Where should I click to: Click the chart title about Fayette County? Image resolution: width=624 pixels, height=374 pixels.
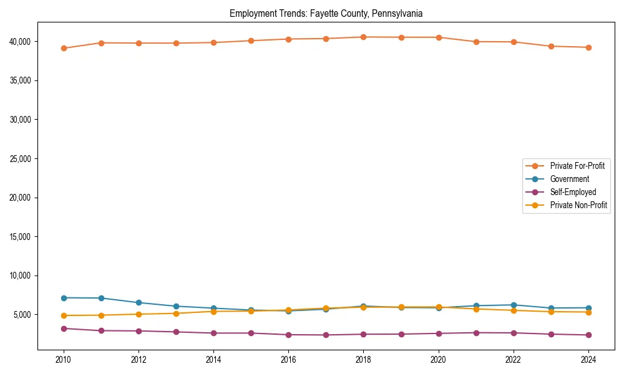(x=326, y=13)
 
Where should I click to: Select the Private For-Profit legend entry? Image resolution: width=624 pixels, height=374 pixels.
(x=577, y=166)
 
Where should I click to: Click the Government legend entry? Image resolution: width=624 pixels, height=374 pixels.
(x=569, y=179)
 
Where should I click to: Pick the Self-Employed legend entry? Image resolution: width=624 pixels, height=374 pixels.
(x=573, y=192)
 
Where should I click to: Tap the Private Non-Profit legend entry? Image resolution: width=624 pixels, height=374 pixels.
(x=578, y=205)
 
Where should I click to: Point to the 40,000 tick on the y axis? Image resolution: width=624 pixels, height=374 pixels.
(x=22, y=42)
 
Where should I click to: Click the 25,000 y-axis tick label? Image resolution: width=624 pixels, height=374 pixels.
(x=22, y=159)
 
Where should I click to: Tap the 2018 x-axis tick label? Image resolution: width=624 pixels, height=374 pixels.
(x=363, y=360)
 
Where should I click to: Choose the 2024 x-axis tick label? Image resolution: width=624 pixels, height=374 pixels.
(x=588, y=360)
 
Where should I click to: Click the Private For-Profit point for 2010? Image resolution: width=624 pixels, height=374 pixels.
(x=64, y=48)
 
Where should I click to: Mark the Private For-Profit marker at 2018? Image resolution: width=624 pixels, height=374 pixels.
(x=363, y=37)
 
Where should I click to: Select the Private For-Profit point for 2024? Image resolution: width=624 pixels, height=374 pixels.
(x=588, y=47)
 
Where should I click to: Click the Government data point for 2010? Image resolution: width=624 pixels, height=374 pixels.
(x=64, y=298)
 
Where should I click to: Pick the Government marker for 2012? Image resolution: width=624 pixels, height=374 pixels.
(x=139, y=303)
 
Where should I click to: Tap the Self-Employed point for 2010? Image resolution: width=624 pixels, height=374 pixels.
(x=64, y=328)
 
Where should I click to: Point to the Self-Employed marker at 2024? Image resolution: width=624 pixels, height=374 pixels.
(x=588, y=335)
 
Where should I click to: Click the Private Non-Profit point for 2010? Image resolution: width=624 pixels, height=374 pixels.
(x=64, y=315)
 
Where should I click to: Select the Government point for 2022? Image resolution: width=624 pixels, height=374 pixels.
(x=514, y=305)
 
